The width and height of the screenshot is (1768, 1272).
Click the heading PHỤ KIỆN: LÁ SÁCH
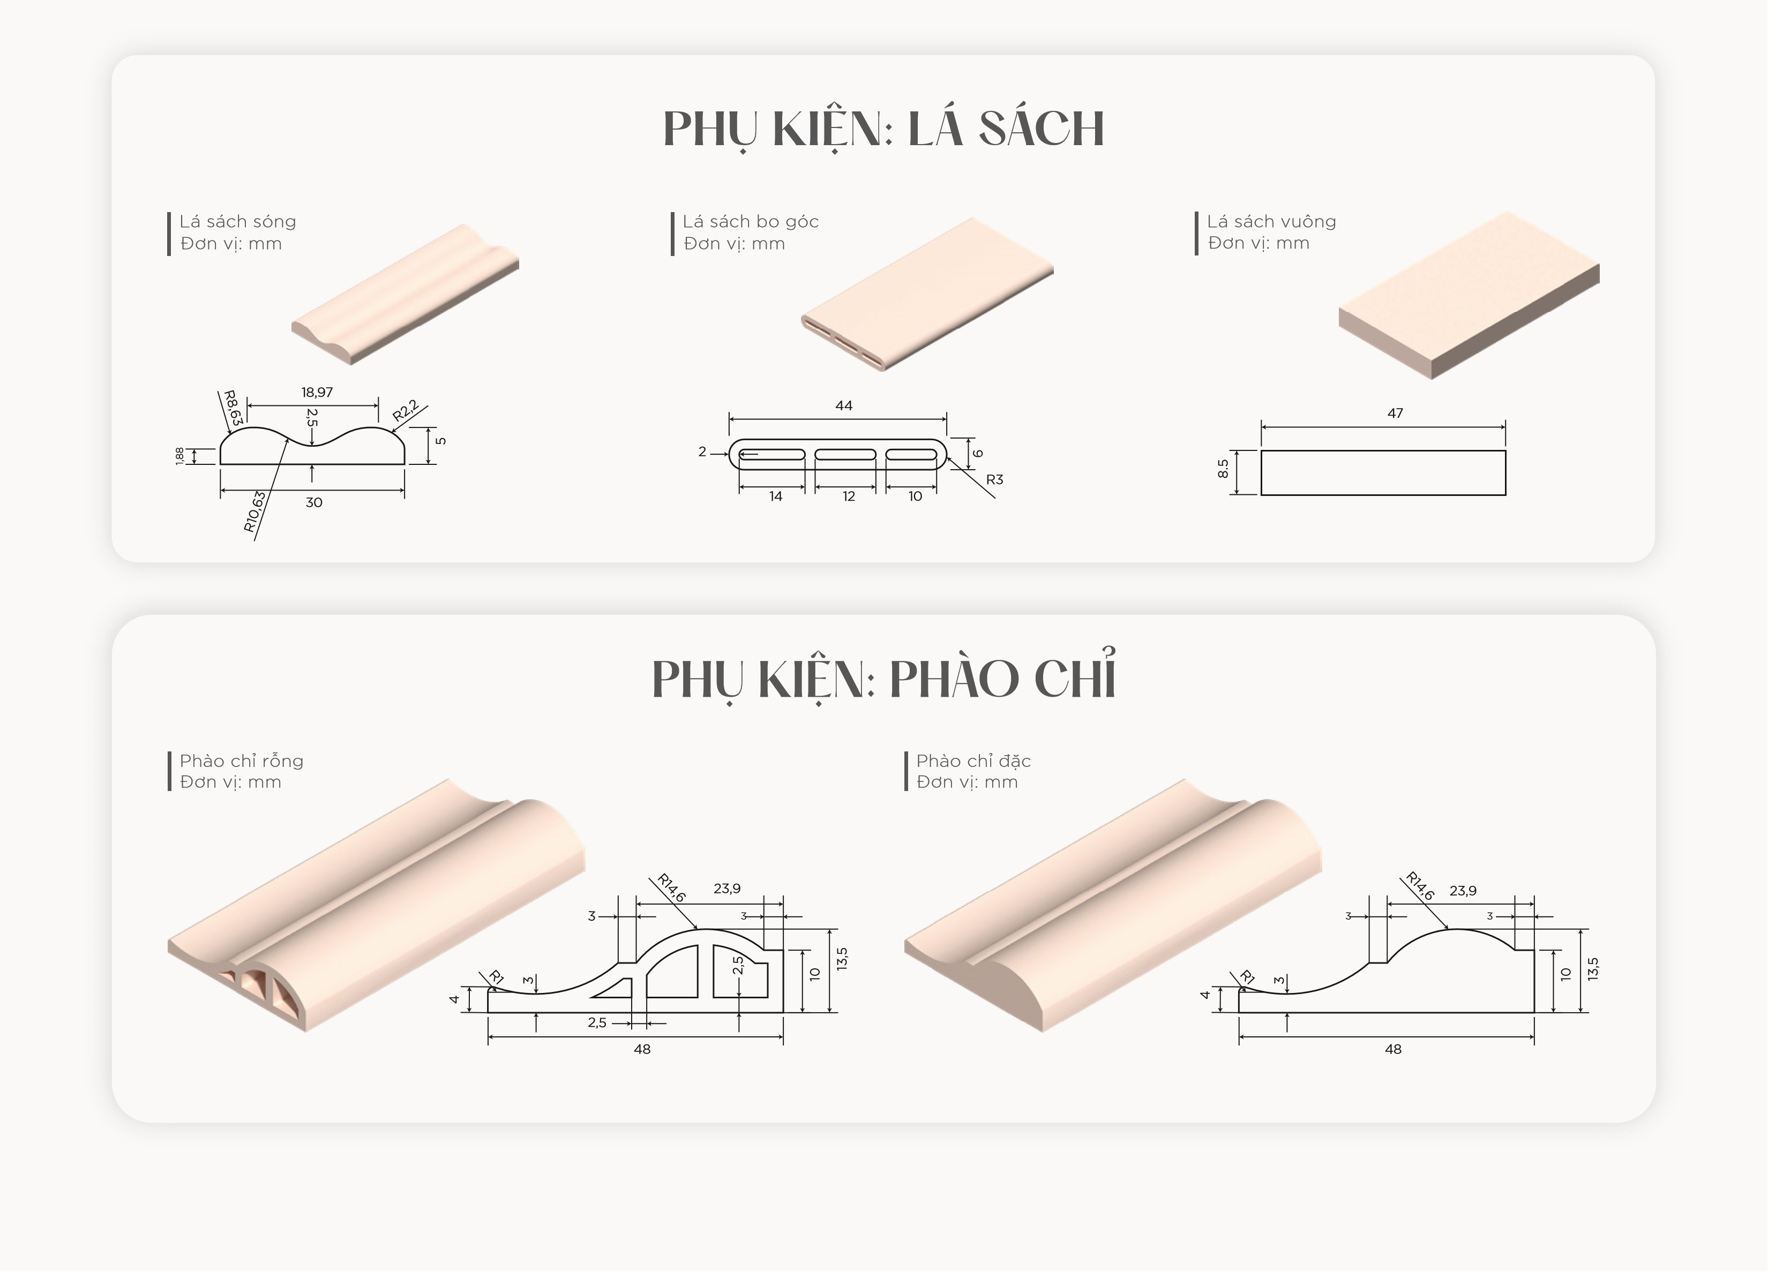(883, 129)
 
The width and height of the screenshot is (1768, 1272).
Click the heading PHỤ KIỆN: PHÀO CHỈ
(884, 676)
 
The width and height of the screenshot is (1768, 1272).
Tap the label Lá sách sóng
(238, 221)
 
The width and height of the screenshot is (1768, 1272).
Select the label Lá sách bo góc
(751, 221)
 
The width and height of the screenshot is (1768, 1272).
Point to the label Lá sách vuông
(1271, 221)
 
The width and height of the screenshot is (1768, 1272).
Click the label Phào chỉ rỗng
(242, 761)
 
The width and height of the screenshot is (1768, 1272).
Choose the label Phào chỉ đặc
(973, 761)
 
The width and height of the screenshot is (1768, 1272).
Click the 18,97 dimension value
(317, 392)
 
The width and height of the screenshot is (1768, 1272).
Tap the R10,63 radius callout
(255, 512)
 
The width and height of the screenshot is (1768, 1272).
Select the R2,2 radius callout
(406, 410)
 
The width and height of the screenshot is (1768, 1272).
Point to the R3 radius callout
(995, 479)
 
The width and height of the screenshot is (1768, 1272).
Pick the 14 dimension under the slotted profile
(776, 496)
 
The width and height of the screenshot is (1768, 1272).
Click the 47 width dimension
(1395, 413)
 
